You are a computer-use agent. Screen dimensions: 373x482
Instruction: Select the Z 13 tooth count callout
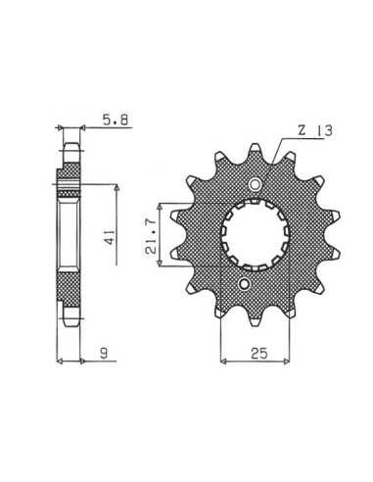[x=315, y=130]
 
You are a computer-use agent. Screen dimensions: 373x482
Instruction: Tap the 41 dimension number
[x=110, y=237]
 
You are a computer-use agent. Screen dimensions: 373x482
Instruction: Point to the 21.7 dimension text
[x=152, y=236]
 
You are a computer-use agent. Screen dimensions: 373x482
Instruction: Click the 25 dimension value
[x=259, y=353]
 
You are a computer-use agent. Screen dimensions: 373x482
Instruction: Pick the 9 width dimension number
[x=104, y=353]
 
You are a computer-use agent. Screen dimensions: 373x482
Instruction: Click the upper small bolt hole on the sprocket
[x=256, y=185]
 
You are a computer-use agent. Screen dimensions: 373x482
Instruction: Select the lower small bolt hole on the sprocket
[x=244, y=283]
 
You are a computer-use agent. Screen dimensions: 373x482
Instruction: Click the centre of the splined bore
[x=256, y=234]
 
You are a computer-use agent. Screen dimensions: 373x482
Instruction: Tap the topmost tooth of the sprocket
[x=256, y=151]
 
